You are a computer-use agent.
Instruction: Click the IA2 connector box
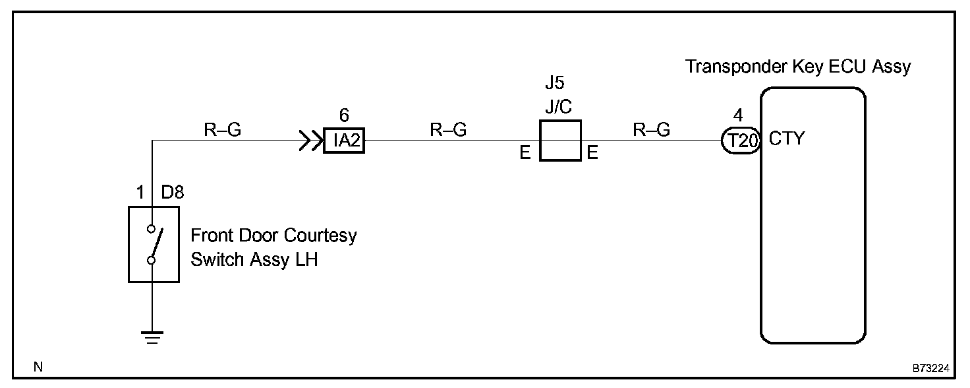pos(344,141)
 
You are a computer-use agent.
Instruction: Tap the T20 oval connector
pos(741,141)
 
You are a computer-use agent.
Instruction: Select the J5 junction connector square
pos(560,141)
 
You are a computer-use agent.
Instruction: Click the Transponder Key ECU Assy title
pos(798,67)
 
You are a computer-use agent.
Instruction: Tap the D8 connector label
pos(173,193)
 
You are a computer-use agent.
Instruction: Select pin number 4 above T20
pos(738,115)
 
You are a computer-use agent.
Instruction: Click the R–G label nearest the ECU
pos(651,130)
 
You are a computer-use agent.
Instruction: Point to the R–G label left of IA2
pos(222,130)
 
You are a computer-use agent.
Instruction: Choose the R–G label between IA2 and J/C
pos(448,130)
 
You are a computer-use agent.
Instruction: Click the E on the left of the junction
pos(525,154)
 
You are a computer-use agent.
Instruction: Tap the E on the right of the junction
pos(592,154)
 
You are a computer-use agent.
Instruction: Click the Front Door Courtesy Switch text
pos(273,247)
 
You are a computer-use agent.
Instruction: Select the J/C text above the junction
pos(559,108)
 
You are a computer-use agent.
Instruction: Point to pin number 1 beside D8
pos(140,193)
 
